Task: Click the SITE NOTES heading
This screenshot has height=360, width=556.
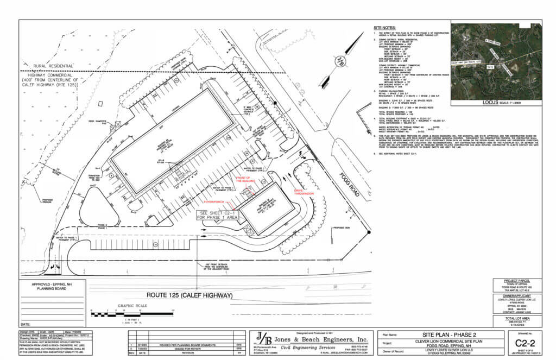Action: pos(385,27)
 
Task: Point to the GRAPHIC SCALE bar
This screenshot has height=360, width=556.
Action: pos(133,314)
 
